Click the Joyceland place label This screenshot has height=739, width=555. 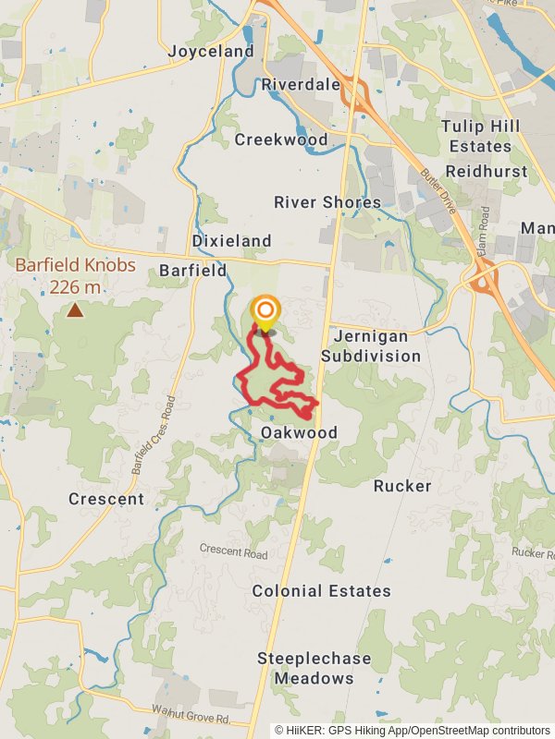click(211, 52)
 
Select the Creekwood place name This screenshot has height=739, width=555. click(281, 139)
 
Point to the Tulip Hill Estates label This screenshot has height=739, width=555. click(476, 136)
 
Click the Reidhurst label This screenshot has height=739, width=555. click(487, 171)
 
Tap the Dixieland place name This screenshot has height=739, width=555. click(231, 241)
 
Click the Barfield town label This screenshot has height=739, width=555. click(192, 271)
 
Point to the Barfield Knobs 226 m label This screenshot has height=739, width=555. click(76, 276)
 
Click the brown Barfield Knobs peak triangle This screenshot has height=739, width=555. click(75, 310)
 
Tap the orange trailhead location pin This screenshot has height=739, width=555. click(265, 311)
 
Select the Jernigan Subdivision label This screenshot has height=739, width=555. click(370, 345)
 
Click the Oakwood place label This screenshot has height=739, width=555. click(299, 432)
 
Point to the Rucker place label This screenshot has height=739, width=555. click(402, 486)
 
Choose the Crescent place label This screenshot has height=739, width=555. click(106, 499)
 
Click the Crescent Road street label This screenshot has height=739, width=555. click(233, 552)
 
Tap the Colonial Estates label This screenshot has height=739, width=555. click(322, 591)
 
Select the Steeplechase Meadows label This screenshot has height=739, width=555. click(314, 668)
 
